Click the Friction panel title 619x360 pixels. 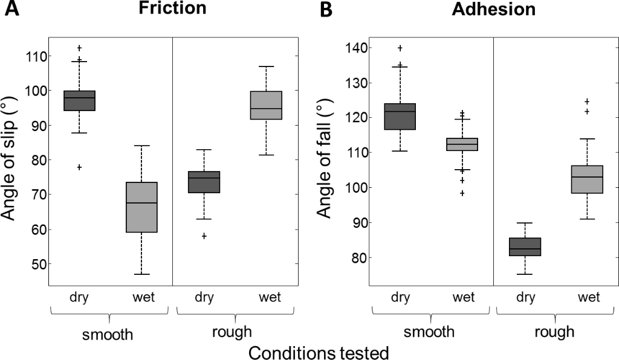tap(172, 8)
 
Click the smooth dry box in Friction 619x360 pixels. tap(80, 100)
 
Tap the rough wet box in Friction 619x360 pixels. tap(266, 105)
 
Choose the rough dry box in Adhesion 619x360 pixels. tap(525, 247)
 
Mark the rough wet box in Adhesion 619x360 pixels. tap(587, 179)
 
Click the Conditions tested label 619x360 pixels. tap(318, 352)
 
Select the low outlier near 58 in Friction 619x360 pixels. tap(204, 236)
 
